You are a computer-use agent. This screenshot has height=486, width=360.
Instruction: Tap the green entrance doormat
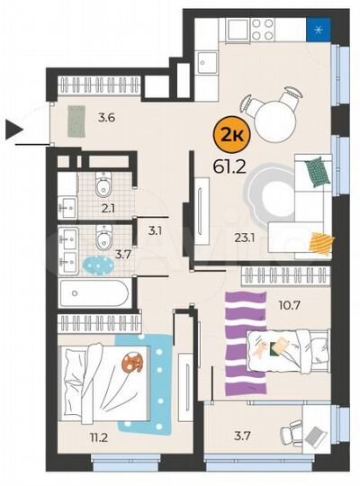pyautogui.click(x=76, y=119)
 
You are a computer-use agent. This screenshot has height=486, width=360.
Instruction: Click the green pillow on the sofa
pyautogui.click(x=313, y=171)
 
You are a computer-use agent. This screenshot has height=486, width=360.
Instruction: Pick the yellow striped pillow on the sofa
pyautogui.click(x=320, y=242)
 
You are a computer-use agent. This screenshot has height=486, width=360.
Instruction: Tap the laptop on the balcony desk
pyautogui.click(x=313, y=434)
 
